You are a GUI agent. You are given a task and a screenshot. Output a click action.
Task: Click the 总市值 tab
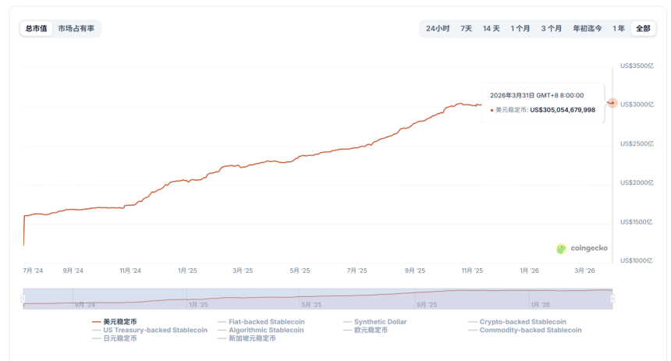coord(36,29)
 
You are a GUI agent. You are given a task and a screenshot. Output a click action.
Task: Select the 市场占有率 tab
coord(76,29)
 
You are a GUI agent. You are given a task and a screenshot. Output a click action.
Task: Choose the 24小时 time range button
coord(437,29)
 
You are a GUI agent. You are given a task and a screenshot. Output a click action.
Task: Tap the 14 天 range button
coord(491,29)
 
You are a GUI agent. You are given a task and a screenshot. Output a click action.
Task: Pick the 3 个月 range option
coord(552,29)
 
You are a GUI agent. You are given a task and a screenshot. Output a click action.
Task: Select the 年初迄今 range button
coord(587,29)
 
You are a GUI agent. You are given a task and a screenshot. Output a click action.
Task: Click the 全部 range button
coord(643,29)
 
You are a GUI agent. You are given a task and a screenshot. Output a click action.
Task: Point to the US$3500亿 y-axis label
coord(637,66)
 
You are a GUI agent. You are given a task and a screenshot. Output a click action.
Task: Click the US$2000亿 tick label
coord(637,182)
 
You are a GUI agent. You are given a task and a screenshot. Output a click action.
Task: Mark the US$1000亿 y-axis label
coord(637,260)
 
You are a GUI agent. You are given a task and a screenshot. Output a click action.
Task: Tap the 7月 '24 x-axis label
coord(34,271)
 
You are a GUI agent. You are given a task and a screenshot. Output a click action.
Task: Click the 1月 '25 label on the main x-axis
coord(187,271)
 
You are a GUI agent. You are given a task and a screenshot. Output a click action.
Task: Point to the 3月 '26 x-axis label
coord(585,271)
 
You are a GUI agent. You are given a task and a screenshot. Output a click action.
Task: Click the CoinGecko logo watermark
coord(581,248)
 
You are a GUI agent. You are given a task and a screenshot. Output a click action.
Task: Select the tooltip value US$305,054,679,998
coord(562,110)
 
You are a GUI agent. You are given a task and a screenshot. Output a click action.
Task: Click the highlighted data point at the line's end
coord(612,103)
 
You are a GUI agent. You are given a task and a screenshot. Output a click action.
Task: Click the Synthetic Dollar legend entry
coord(380,321)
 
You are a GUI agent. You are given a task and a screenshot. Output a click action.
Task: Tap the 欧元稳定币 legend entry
coord(371,330)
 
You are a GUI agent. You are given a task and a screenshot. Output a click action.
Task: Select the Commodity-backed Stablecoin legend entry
coord(531,330)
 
